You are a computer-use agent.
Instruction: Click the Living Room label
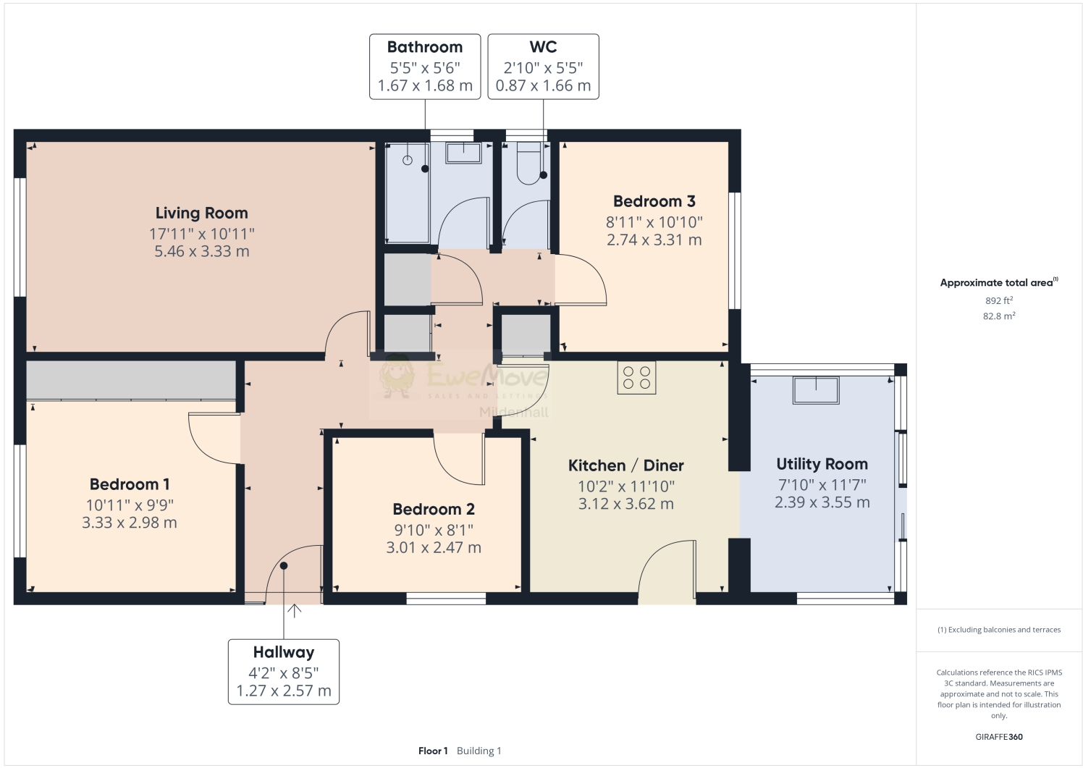[x=201, y=213]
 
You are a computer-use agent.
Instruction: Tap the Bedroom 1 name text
[x=130, y=484]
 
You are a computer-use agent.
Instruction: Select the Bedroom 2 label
[x=434, y=510]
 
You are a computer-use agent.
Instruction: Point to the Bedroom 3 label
[x=654, y=202]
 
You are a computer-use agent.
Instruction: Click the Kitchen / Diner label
[x=625, y=465]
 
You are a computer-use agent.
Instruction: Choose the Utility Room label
[x=822, y=464]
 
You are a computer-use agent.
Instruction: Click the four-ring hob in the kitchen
[x=636, y=377]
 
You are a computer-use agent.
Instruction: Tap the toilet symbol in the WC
[x=529, y=163]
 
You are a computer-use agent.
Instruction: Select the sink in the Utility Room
[x=816, y=389]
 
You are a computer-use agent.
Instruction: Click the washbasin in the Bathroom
[x=463, y=153]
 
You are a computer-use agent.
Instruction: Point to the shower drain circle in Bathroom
[x=408, y=160]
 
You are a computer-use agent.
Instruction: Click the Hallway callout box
[x=284, y=671]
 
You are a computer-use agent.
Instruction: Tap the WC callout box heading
[x=543, y=47]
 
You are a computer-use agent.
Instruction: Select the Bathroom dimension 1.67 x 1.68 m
[x=425, y=85]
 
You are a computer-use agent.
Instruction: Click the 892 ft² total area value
[x=998, y=300]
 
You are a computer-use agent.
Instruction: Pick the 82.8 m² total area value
[x=998, y=316]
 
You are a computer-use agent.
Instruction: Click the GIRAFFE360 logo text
[x=999, y=737]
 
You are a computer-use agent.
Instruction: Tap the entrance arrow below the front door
[x=295, y=611]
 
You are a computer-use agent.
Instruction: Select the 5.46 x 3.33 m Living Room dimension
[x=201, y=252]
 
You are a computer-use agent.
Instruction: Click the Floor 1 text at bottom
[x=433, y=751]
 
